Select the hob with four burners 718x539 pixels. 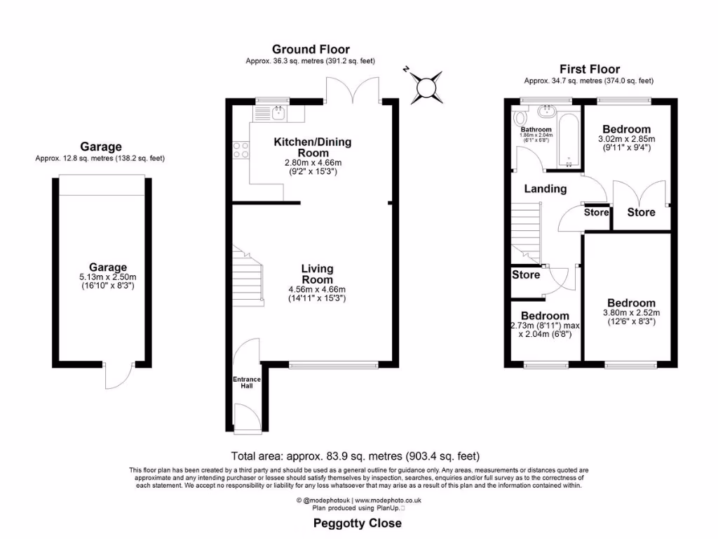[240, 149]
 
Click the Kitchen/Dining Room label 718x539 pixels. [312, 147]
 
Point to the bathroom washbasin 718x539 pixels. [546, 112]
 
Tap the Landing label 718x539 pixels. [546, 189]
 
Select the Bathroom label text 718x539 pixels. [536, 130]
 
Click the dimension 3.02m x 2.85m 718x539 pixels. [626, 139]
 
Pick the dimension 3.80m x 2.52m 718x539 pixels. [631, 313]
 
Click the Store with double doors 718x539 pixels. [641, 212]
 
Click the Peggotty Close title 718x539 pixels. [357, 523]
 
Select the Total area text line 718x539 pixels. [355, 455]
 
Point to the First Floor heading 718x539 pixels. [589, 69]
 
